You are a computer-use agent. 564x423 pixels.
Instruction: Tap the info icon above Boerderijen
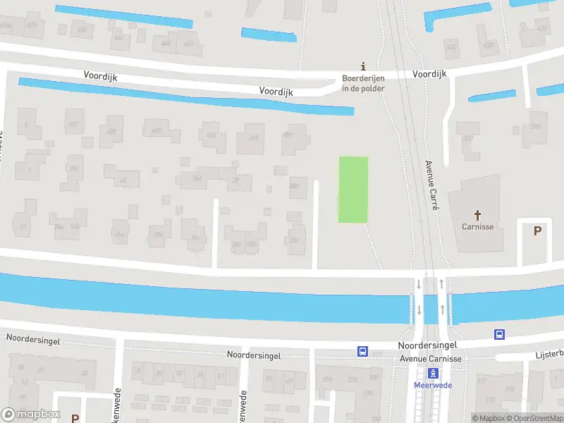364,66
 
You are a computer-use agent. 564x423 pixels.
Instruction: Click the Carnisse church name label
477,226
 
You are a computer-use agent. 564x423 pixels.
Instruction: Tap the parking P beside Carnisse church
538,231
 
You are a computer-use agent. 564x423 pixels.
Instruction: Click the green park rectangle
353,189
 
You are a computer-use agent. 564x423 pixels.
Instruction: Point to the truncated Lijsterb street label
550,353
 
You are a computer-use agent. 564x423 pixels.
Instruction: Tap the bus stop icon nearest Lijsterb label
499,334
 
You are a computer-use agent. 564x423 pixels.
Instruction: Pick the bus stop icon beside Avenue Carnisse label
363,350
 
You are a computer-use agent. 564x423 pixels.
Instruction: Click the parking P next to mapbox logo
75,418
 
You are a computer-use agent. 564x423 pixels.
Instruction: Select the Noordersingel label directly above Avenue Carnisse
427,345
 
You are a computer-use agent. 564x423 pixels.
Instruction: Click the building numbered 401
211,135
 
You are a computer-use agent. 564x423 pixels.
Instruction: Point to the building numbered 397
468,137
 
